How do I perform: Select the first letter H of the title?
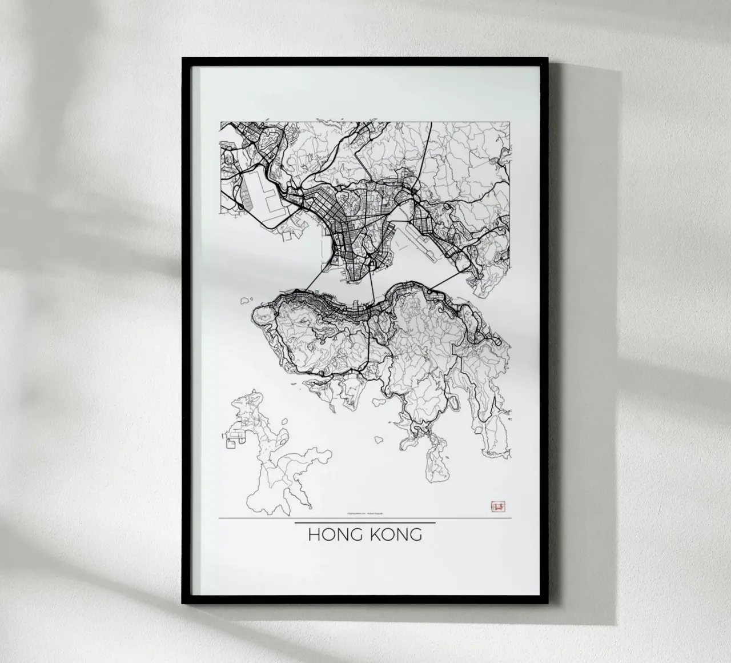click(x=314, y=535)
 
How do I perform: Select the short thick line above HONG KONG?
click(x=365, y=522)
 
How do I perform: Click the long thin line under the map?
click(x=257, y=518)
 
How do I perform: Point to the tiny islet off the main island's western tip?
click(x=247, y=299)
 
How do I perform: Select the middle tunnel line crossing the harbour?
click(x=372, y=286)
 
